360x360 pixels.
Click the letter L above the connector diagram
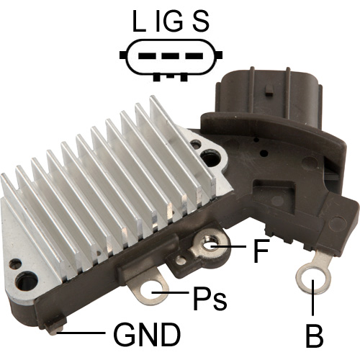pos(139,22)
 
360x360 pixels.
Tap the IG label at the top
pos(170,22)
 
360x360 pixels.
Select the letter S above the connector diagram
pos(201,22)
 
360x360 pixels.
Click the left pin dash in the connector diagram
pos(148,56)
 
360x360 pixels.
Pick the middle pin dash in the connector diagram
pos(170,56)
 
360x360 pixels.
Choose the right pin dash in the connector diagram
pos(194,56)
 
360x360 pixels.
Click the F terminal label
pos(261,251)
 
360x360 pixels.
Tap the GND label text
pos(147,334)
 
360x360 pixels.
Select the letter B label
pos(314,335)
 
